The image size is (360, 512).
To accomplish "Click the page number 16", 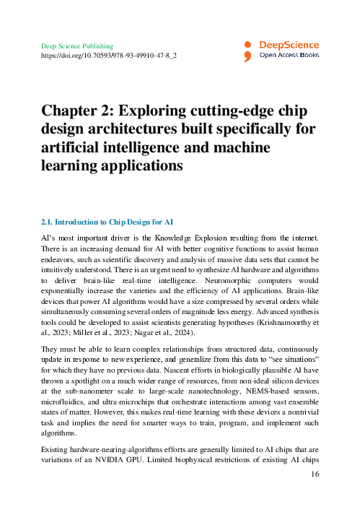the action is [x=315, y=474].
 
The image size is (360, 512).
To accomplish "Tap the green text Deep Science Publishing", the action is [x=77, y=45].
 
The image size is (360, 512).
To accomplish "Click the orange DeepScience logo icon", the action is [x=247, y=49].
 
